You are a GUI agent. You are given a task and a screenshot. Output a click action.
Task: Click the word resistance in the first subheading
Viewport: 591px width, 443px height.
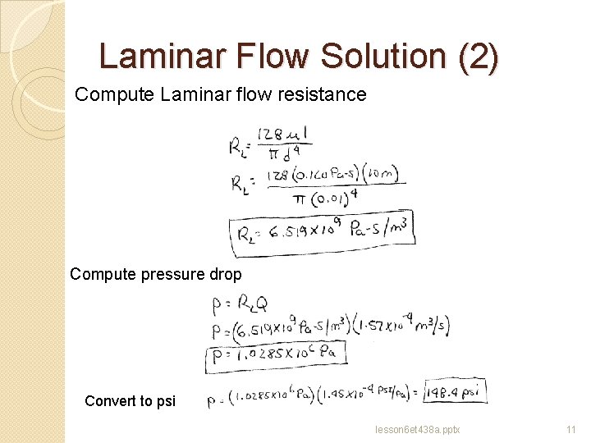point(325,95)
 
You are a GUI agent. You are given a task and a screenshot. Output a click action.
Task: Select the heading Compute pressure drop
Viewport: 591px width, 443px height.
point(156,274)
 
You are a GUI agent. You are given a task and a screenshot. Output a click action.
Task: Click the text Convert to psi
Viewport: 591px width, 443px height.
point(130,401)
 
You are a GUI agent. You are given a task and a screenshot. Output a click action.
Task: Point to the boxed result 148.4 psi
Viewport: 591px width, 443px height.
point(456,392)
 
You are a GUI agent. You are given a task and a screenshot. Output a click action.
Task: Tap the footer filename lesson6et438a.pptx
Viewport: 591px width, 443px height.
point(416,429)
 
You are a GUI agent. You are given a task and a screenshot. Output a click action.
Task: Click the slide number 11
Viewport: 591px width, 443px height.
point(572,429)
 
